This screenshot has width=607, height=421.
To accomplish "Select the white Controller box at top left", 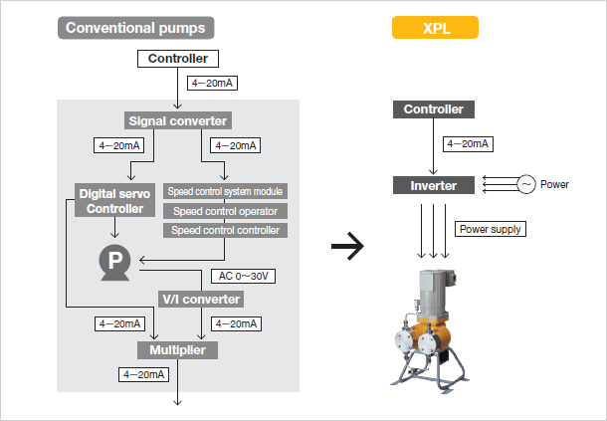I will [x=177, y=59].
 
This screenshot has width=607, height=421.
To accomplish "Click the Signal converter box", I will [x=177, y=121].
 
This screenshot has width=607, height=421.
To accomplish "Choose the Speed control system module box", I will [x=226, y=191].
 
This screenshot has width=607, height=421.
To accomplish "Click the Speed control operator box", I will [x=226, y=211].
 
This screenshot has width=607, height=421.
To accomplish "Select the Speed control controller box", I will [x=226, y=230].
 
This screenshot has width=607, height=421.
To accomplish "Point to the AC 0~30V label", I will [x=238, y=276].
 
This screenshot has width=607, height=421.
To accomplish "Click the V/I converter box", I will [x=201, y=299].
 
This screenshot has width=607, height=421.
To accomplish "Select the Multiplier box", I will [x=178, y=350].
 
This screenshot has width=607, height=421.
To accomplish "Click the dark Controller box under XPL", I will [x=433, y=109].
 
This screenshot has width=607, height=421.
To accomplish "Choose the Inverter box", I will [x=433, y=185].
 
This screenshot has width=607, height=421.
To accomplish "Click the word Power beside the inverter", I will [x=554, y=184].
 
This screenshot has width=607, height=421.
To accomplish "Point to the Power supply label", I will [x=491, y=229].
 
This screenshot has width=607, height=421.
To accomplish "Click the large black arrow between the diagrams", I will [x=344, y=249].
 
